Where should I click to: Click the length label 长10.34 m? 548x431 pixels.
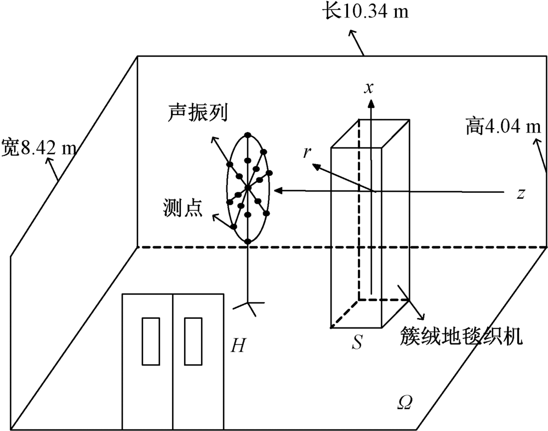364,12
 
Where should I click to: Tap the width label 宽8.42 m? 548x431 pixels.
38,147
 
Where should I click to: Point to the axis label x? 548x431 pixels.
370,87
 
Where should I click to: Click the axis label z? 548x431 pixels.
521,193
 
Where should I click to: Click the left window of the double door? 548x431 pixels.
150,340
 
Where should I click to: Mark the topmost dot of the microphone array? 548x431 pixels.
248,135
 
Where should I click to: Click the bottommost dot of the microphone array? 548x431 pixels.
248,241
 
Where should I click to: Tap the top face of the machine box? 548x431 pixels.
370,133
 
